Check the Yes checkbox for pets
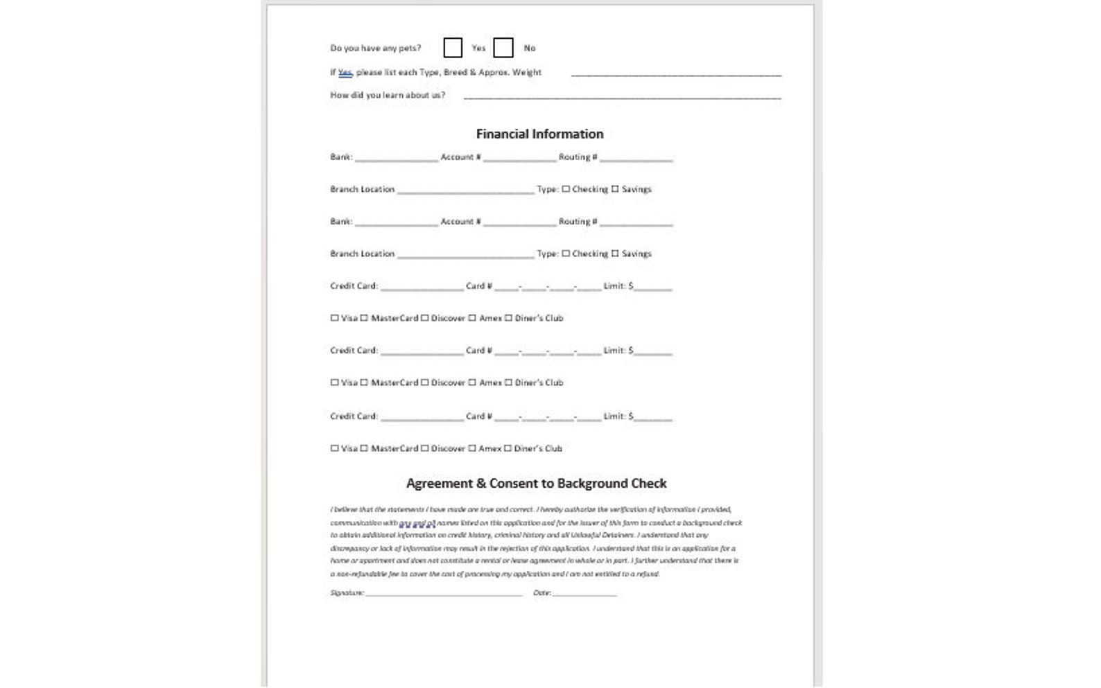pyautogui.click(x=453, y=48)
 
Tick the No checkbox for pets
pyautogui.click(x=503, y=48)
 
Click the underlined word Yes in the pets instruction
pyautogui.click(x=345, y=72)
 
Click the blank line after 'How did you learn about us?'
pyautogui.click(x=622, y=96)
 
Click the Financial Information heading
pyautogui.click(x=539, y=134)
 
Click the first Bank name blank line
pyautogui.click(x=397, y=158)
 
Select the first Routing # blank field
pyautogui.click(x=636, y=158)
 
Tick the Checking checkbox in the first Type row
pyautogui.click(x=566, y=188)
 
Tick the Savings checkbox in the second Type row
pyautogui.click(x=615, y=254)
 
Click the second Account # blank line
pyautogui.click(x=520, y=222)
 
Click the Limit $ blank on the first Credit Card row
pyautogui.click(x=652, y=287)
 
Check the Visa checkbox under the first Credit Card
pyautogui.click(x=335, y=318)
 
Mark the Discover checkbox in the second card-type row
pyautogui.click(x=425, y=382)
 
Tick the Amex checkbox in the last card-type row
pyautogui.click(x=472, y=448)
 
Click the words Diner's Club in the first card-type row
pyautogui.click(x=539, y=318)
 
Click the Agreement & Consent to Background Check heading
pyautogui.click(x=536, y=483)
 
